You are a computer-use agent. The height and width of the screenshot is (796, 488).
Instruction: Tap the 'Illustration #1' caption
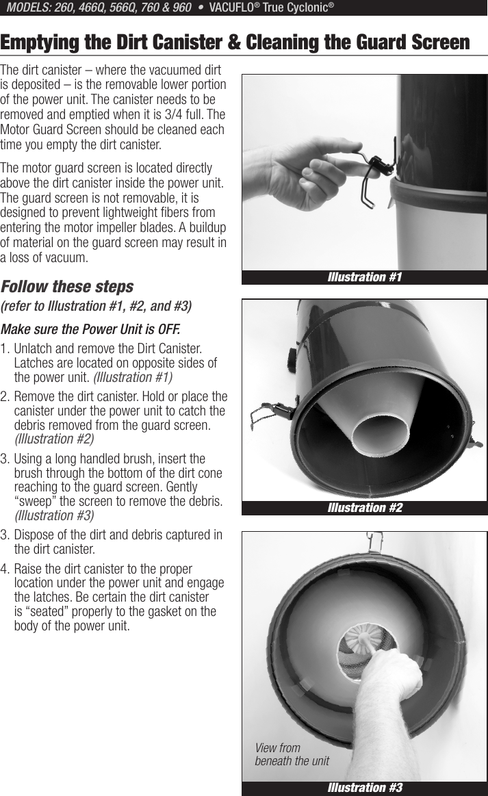click(x=365, y=277)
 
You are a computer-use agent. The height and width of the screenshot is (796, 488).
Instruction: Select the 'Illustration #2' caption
click(x=365, y=508)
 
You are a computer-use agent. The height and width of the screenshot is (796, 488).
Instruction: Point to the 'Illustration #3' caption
click(x=365, y=788)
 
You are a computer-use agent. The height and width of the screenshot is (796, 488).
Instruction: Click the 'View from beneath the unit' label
click(x=292, y=754)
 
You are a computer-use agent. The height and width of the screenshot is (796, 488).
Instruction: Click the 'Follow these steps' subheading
click(x=67, y=286)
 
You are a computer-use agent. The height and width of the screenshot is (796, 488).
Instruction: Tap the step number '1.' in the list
click(x=6, y=349)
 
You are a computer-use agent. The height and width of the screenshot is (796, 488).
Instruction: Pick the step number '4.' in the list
click(x=6, y=569)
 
